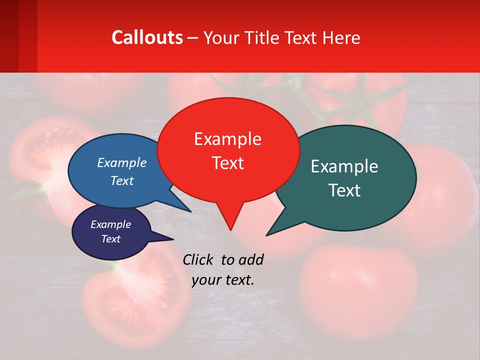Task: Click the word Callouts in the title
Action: point(147,37)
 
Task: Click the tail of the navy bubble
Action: point(167,238)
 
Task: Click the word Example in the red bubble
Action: point(227,139)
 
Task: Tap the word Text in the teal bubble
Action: point(344,190)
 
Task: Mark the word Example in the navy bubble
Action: point(110,224)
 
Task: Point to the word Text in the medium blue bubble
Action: point(122,181)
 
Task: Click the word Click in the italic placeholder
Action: point(199,259)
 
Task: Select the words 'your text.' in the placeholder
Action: point(223,280)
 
